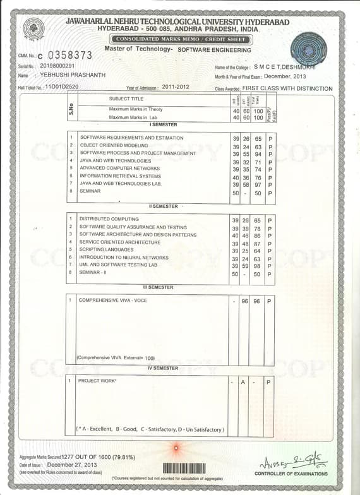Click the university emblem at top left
tap(33, 30)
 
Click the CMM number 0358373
tap(69, 56)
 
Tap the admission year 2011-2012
tap(176, 86)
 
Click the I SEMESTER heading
tap(163, 125)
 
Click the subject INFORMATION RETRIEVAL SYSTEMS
tap(121, 176)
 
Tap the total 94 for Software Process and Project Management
tap(258, 153)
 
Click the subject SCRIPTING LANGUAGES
tap(106, 250)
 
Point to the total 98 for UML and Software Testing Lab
tap(258, 265)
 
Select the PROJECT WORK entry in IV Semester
tap(97, 381)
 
